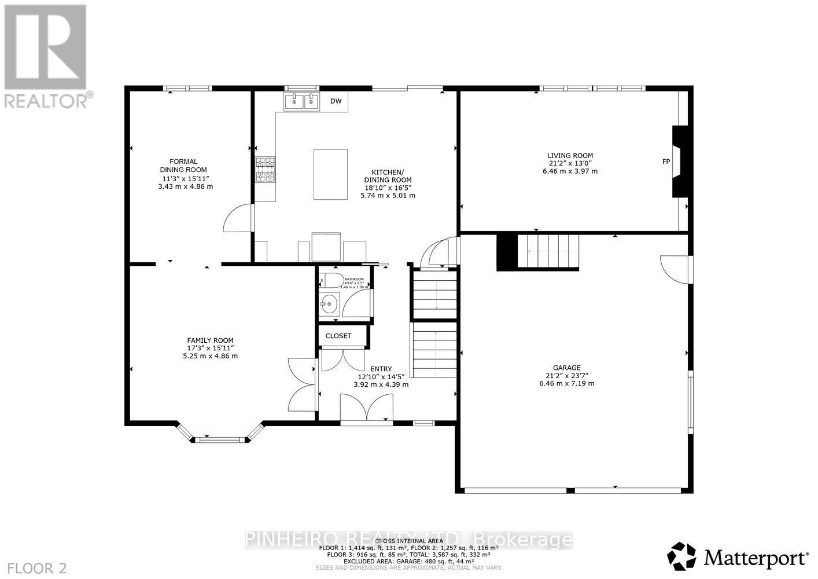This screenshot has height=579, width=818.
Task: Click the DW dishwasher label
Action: [x=336, y=101]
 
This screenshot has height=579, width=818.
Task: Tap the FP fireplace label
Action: [x=666, y=162]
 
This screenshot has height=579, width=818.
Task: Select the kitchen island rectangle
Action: [x=330, y=174]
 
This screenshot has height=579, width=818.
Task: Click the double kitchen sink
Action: [x=301, y=102]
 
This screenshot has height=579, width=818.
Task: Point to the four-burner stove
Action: [x=266, y=170]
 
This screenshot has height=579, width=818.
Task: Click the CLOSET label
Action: [x=338, y=336]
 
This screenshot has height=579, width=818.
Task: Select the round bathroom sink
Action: [x=330, y=303]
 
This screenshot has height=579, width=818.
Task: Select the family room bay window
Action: [x=219, y=439]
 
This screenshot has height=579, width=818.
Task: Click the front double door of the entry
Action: [x=366, y=408]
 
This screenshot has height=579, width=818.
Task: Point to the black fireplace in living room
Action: [x=679, y=162]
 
